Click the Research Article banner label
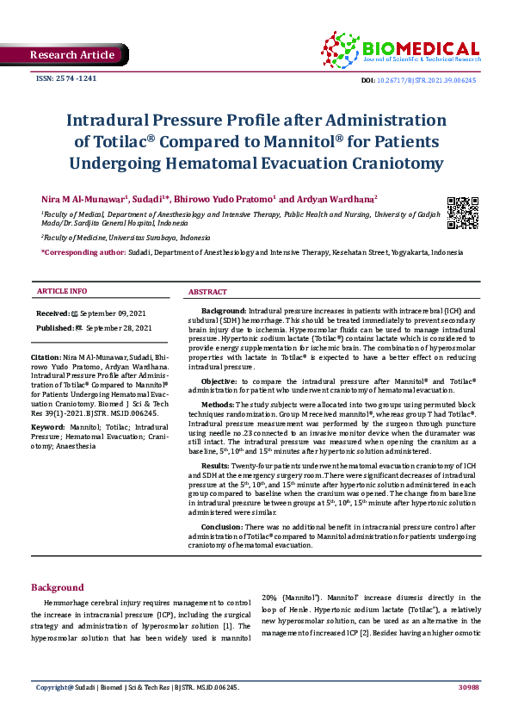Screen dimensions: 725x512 tap(72, 55)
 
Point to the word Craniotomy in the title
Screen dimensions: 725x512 tap(398, 163)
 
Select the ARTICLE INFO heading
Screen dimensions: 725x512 tap(61, 292)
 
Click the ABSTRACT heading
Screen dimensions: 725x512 tap(207, 292)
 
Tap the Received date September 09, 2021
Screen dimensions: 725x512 tap(102, 313)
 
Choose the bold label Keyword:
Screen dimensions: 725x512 tap(48, 426)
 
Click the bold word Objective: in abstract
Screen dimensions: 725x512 tap(220, 381)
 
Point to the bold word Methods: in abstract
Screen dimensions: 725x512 tap(217, 404)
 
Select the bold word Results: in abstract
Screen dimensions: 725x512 tap(216, 463)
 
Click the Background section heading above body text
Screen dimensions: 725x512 tap(57, 586)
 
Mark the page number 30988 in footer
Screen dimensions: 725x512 tap(468, 688)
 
